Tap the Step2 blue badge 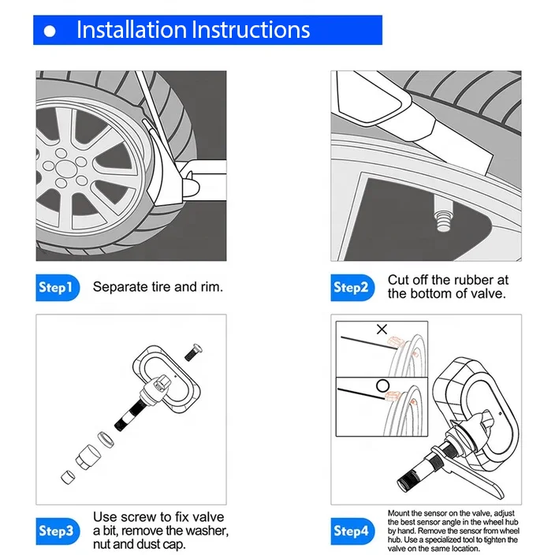point(351,288)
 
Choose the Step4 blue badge point(351,531)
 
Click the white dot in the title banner point(51,32)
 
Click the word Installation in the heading point(132,31)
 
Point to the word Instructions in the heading point(251,31)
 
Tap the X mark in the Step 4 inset point(382,329)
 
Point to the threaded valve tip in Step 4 point(412,476)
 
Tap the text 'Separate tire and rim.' point(158,287)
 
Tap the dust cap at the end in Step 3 point(66,475)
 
